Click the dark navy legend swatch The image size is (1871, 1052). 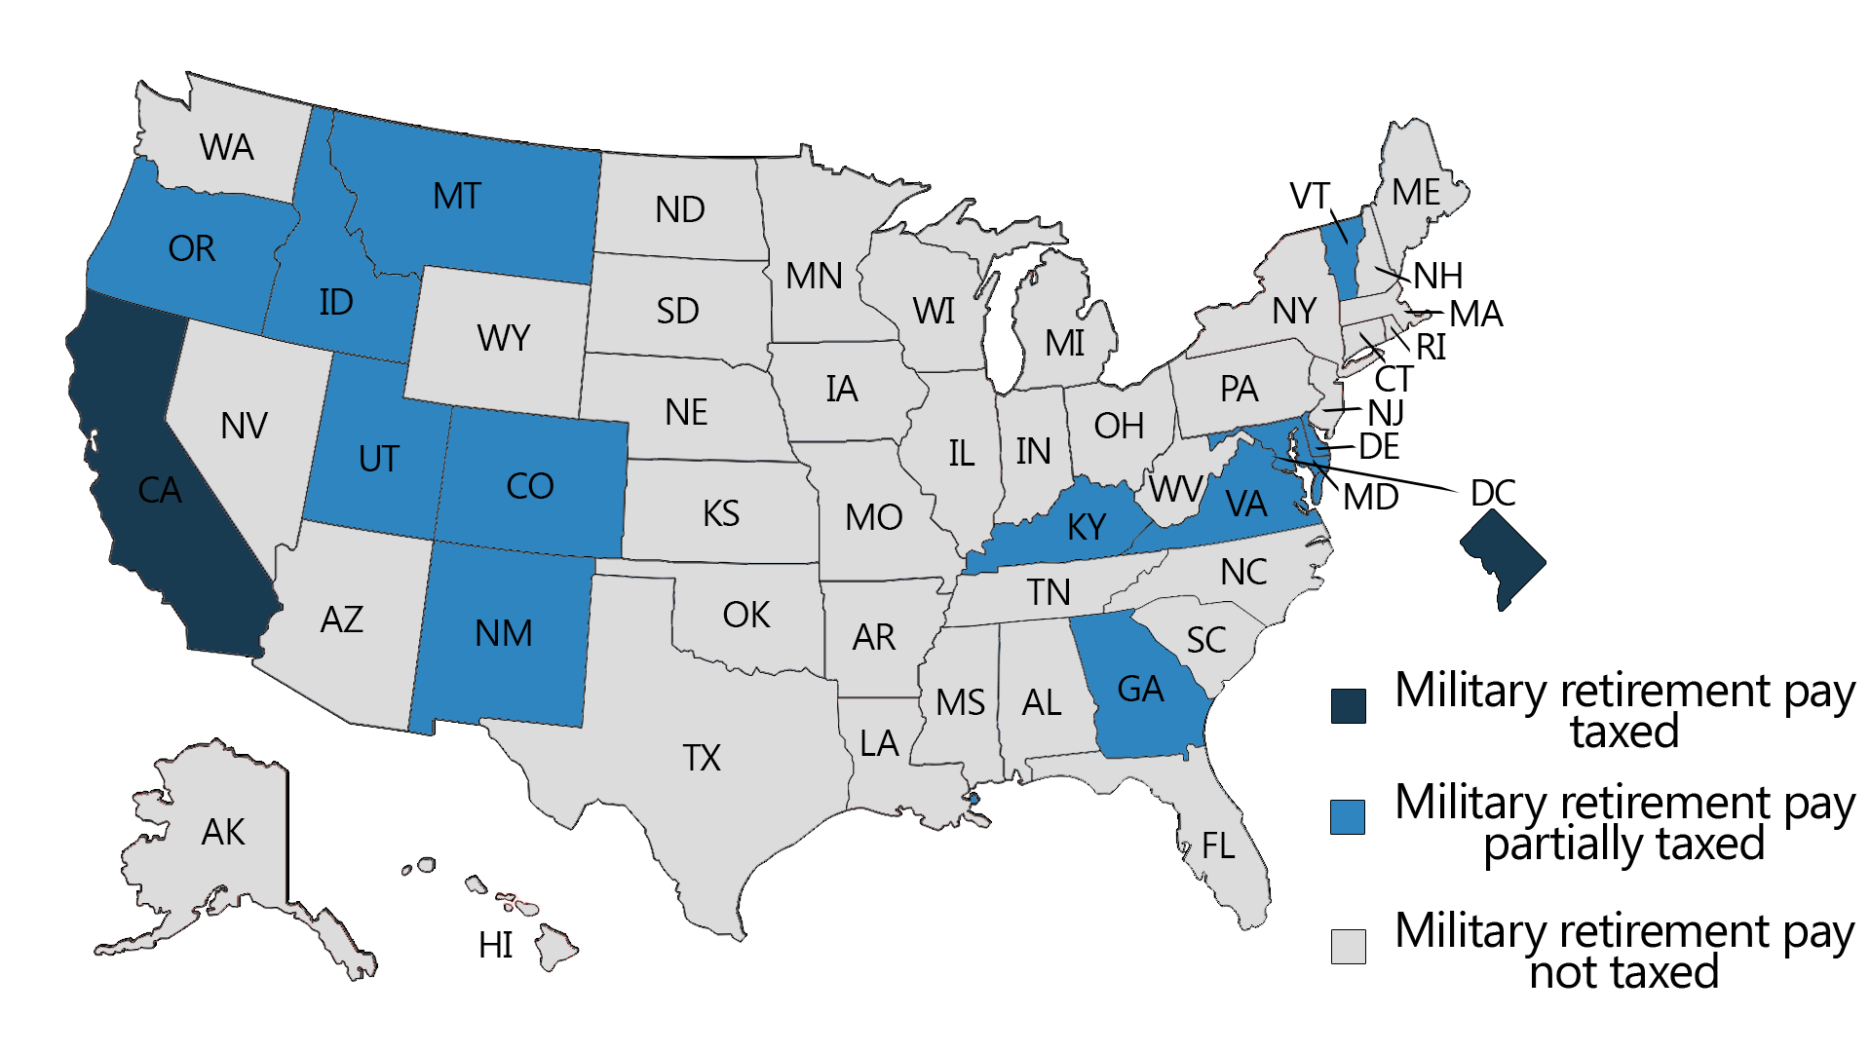1348,705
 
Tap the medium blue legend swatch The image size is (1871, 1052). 1348,816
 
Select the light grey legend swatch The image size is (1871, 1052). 1348,946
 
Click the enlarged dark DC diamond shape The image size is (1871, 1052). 1502,562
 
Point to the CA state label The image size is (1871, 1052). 160,490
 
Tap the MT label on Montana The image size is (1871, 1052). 457,197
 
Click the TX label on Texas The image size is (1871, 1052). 702,758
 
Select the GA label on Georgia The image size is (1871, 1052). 1140,690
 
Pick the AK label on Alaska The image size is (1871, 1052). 223,833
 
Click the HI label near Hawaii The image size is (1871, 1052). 496,945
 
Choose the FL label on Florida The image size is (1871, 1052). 1218,845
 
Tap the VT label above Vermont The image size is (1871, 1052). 1309,196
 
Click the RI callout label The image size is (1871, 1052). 1431,347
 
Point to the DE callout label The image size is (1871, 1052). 1379,447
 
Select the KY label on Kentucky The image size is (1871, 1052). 1087,527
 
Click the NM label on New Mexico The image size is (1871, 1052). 504,634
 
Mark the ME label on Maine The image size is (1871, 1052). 1416,193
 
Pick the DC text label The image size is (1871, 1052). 1493,493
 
